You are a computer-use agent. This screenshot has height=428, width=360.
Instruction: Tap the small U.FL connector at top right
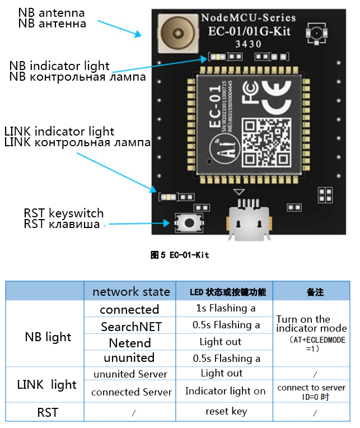coord(316,34)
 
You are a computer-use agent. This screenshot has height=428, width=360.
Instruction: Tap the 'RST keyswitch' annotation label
coord(63,213)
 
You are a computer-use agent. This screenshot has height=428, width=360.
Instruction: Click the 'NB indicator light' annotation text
coord(59,66)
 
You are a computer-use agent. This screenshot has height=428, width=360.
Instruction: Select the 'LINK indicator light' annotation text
coord(59,132)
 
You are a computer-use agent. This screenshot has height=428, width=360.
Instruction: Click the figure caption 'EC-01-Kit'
coord(180,255)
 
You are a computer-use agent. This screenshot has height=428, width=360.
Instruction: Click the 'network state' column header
coord(131,292)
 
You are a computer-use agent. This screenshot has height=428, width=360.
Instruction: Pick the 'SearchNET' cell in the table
coord(131,326)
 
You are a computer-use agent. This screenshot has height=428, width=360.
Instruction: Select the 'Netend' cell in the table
coord(130,342)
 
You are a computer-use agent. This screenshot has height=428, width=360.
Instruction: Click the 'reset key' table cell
coord(226,411)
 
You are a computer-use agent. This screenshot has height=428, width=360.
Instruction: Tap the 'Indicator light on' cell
coord(225,391)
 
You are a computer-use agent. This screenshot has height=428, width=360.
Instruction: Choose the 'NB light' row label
coord(48,337)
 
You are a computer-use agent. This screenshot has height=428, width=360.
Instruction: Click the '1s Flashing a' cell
coord(226,309)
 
